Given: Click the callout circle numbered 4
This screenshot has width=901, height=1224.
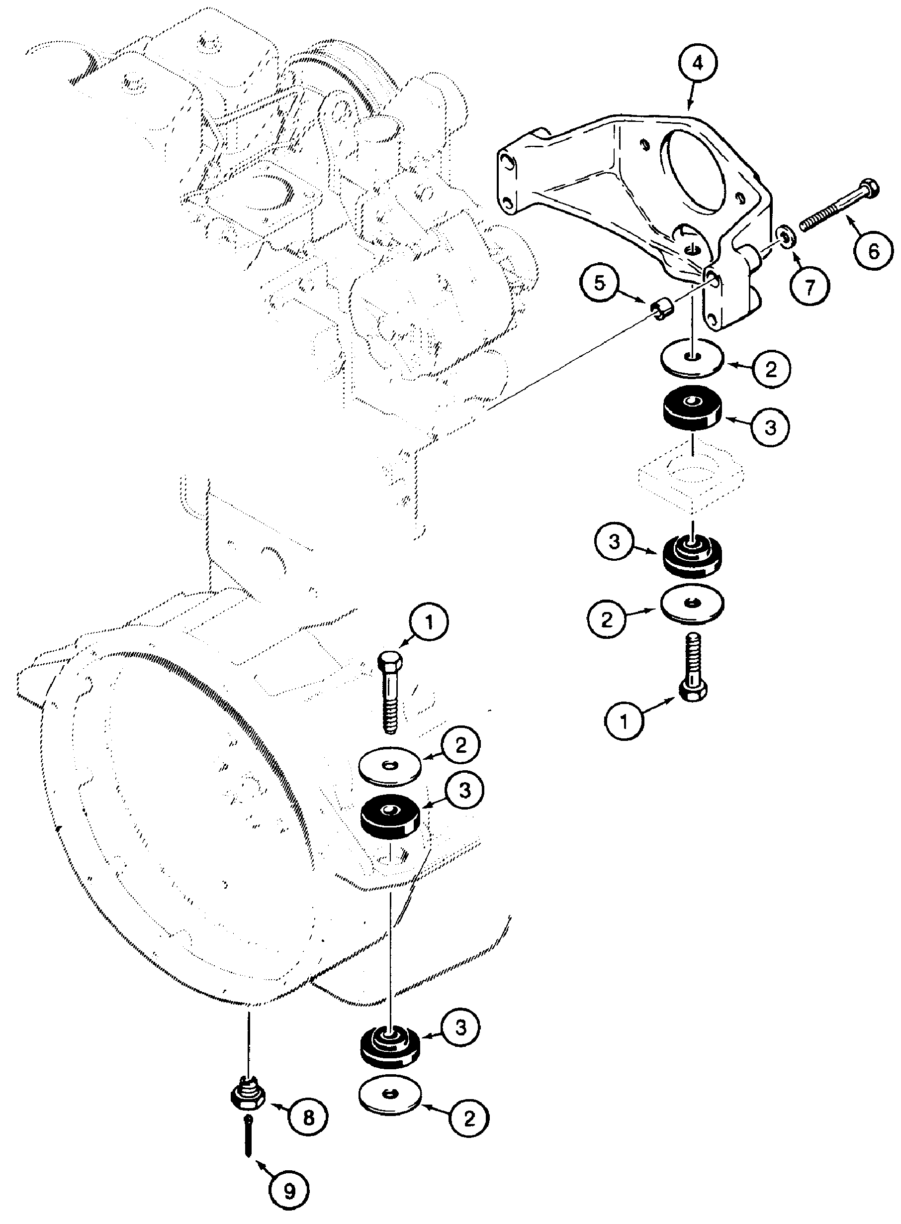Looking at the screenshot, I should [x=698, y=63].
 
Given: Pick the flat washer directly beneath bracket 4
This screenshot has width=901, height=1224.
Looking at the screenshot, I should [x=692, y=358].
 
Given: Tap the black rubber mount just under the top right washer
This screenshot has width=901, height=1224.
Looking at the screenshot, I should [x=692, y=410].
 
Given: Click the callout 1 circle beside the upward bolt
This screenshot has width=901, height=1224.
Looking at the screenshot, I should [x=624, y=720].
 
